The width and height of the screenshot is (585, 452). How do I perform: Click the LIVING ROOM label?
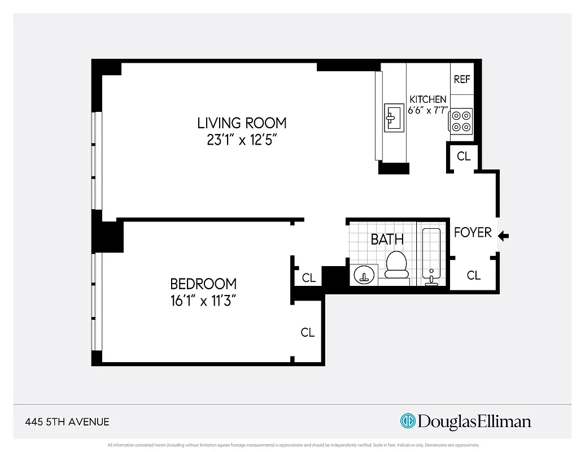coord(242,123)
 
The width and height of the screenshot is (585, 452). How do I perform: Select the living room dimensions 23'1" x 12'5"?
coord(242,140)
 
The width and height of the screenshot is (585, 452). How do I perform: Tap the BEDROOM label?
coord(203,284)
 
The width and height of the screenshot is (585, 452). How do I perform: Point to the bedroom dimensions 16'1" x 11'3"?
coord(203,300)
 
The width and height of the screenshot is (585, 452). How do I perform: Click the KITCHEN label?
coord(428,99)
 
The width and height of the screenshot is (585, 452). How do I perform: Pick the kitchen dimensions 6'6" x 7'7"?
coord(428,111)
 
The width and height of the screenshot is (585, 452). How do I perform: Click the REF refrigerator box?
coord(462,80)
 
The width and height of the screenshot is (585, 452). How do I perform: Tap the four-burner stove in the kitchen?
coord(461,121)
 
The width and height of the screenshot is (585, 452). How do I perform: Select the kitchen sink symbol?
coord(394,118)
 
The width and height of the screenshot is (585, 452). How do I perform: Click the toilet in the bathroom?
coord(396,264)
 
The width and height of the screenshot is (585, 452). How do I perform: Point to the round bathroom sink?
coord(364,275)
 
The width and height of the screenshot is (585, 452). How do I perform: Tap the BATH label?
coord(387,239)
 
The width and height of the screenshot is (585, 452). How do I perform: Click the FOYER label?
coord(473,232)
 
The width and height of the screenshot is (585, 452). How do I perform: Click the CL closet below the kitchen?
coord(464,156)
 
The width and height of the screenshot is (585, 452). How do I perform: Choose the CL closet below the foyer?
coord(474,275)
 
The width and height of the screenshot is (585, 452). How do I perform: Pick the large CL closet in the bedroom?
coord(308,333)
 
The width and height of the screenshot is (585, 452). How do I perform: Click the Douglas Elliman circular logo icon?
coord(408,421)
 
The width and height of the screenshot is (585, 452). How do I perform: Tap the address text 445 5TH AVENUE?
coord(67,421)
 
